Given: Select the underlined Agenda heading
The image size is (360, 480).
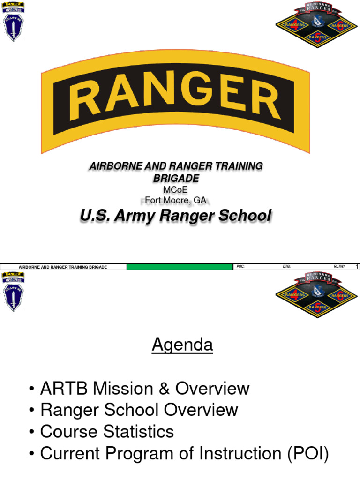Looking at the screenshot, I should coord(182,345).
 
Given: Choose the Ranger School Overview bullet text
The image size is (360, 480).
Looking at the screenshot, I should coord(139,410).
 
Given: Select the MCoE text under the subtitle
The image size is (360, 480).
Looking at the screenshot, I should coord(176,189).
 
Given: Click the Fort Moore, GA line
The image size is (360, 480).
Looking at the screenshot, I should coord(176,200).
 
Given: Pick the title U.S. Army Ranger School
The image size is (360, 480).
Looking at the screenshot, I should coord(176,216).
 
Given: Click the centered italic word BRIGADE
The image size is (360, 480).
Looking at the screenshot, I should coord(176,178).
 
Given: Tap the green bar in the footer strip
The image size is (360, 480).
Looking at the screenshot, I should coord(180,267).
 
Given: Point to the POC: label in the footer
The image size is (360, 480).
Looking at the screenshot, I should coord(241,267).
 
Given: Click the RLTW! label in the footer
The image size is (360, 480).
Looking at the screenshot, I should coord(339,267).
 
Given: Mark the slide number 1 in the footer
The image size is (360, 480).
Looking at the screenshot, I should coord(357,267).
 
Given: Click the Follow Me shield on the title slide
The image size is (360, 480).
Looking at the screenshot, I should coord(13,27).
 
